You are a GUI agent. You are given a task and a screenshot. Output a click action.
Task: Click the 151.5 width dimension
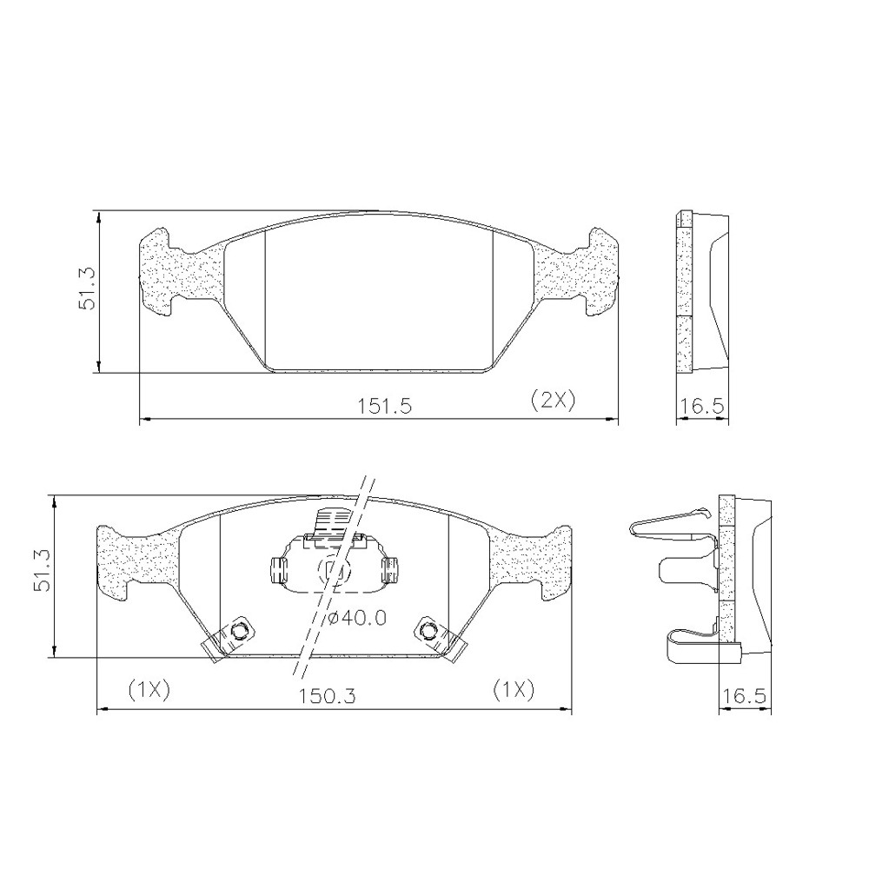(383, 406)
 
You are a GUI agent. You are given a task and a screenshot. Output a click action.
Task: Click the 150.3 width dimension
(327, 695)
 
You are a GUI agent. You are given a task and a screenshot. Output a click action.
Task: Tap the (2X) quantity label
(553, 399)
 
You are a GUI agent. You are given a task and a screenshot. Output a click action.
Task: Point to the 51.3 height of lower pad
(43, 570)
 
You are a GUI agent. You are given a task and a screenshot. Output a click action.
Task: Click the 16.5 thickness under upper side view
(703, 406)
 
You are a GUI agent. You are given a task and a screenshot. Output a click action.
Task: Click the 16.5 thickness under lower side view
(745, 695)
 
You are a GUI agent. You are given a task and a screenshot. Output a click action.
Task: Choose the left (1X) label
(149, 690)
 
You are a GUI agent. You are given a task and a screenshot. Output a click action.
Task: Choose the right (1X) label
(514, 690)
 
